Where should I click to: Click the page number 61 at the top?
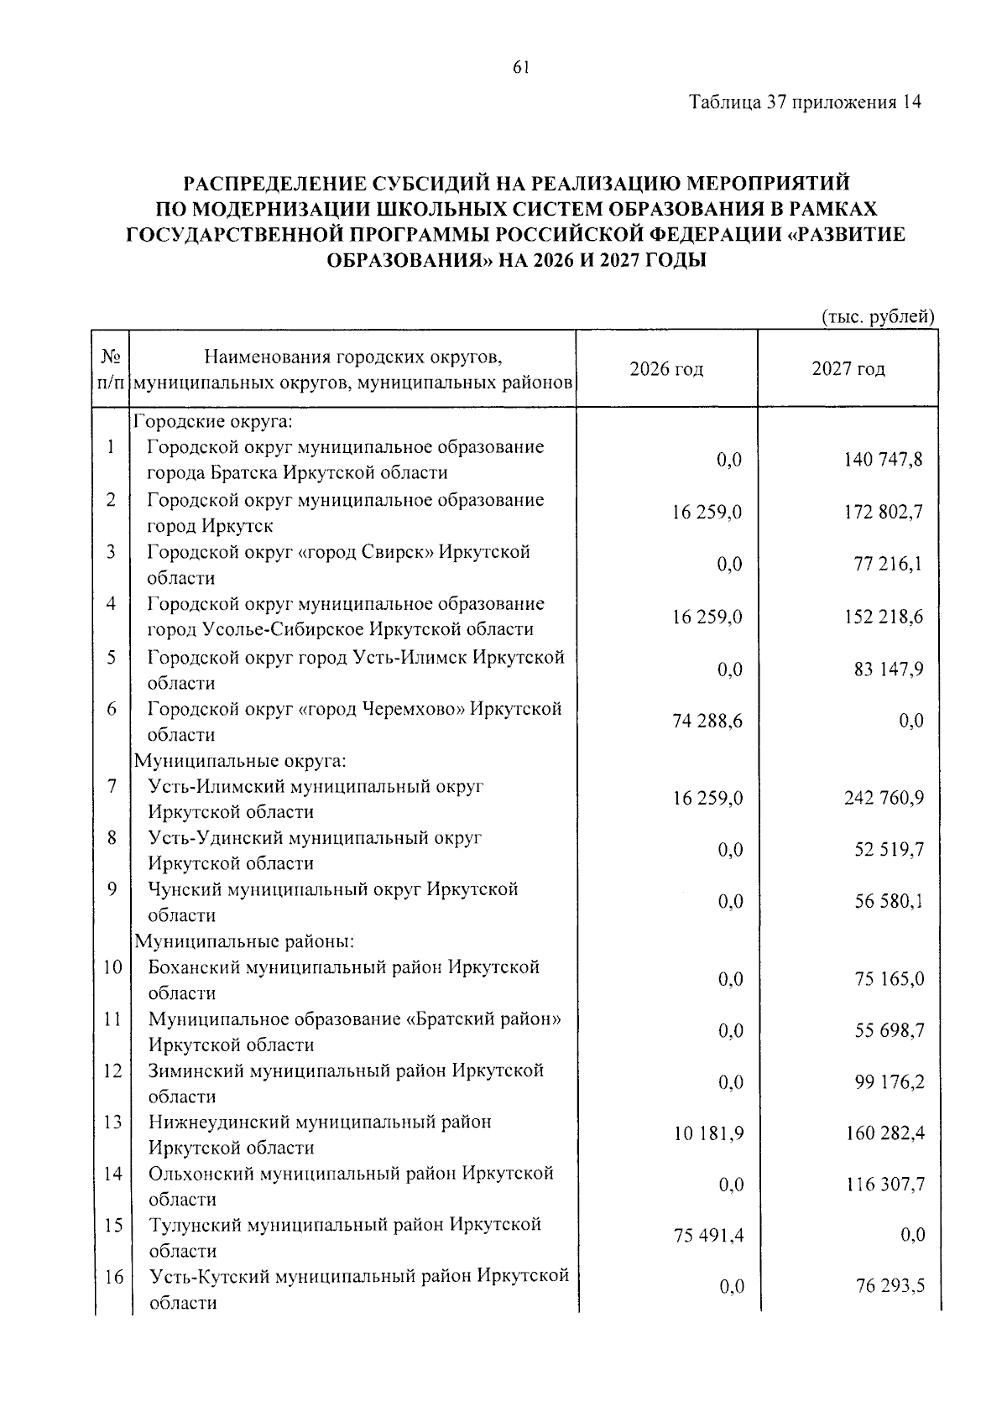(519, 69)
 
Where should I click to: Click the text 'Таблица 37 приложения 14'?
(805, 102)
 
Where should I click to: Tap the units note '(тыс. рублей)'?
(876, 316)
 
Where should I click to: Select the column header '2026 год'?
(666, 369)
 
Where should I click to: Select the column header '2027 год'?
(848, 369)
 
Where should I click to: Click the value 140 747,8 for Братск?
(883, 460)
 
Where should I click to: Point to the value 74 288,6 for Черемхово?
(707, 721)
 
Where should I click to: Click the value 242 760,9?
(884, 798)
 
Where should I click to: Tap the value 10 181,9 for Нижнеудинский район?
(708, 1133)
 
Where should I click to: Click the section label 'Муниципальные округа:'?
(240, 761)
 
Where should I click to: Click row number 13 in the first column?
(112, 1122)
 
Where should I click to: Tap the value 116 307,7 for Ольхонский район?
(884, 1185)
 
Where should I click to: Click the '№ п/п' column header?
(112, 369)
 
